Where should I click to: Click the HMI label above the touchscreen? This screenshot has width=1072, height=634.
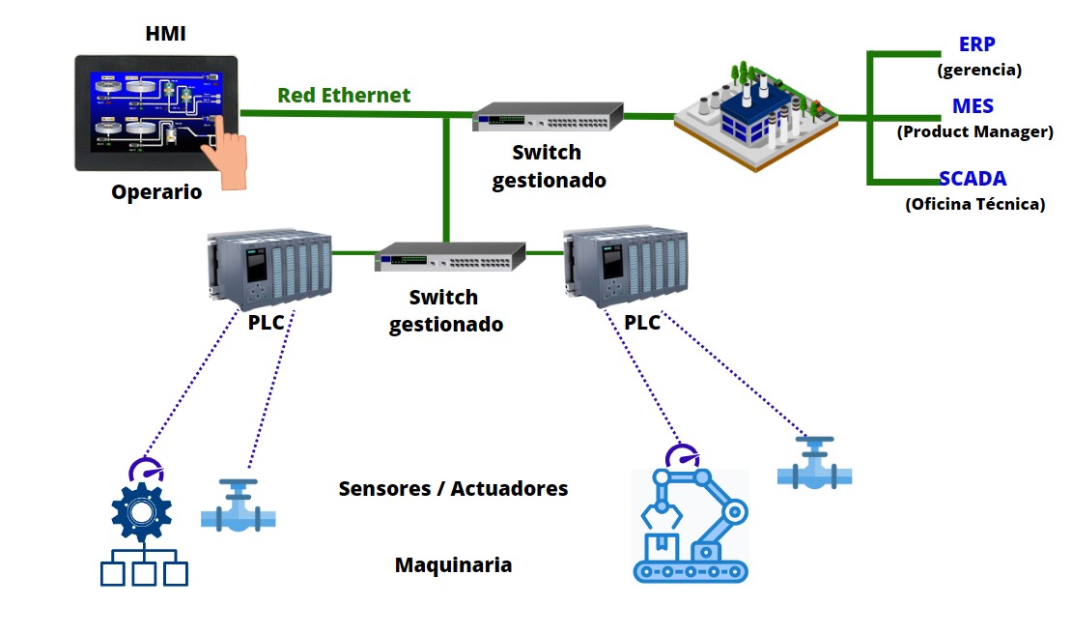click(164, 35)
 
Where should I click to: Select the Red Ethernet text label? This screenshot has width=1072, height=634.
click(344, 95)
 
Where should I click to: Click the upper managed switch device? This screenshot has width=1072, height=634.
click(547, 119)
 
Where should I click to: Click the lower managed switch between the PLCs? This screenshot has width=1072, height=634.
click(449, 257)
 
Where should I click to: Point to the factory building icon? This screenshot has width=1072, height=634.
click(753, 116)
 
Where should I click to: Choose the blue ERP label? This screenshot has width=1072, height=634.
click(976, 44)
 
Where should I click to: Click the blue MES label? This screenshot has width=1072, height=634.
click(973, 106)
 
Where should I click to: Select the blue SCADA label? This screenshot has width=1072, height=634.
click(973, 179)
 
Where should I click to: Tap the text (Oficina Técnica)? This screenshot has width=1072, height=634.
click(974, 204)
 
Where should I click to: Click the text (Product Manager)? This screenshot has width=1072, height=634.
click(974, 131)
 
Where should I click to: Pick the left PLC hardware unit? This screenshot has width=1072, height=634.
click(268, 268)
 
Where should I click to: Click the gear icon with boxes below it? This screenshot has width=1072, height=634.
click(144, 527)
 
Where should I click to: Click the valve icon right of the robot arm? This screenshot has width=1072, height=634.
click(815, 464)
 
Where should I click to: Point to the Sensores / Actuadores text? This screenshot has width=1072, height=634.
click(453, 488)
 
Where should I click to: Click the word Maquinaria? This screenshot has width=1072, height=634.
click(453, 564)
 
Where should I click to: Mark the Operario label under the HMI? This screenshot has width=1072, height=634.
click(156, 191)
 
